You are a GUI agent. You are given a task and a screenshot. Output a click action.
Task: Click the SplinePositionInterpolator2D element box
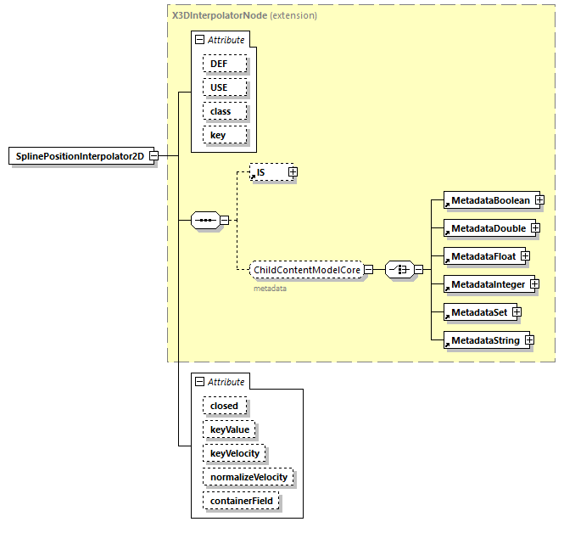pos(79,156)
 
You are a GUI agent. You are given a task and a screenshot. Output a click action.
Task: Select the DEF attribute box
pos(225,64)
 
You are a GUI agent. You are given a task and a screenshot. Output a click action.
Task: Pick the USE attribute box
pos(225,87)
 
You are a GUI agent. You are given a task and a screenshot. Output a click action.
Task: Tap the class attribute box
pos(225,111)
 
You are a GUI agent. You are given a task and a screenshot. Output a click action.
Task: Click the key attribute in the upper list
pos(225,135)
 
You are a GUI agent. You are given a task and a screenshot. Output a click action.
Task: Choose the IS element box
pos(268,172)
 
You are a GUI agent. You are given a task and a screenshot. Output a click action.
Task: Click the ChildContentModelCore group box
pos(306,270)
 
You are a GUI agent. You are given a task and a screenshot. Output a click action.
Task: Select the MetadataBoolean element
pos(489,200)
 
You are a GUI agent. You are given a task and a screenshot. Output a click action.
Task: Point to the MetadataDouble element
pos(487,228)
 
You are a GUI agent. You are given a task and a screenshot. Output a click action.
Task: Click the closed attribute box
pos(225,406)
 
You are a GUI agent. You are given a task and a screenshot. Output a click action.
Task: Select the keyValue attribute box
pos(230,429)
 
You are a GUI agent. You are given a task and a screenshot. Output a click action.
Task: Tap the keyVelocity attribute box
pos(235,453)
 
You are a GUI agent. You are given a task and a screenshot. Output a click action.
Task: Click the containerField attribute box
pos(241,501)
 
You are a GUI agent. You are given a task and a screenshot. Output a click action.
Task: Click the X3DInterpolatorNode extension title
pos(244,15)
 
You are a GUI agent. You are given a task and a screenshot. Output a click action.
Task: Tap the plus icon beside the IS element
pos(293,172)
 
